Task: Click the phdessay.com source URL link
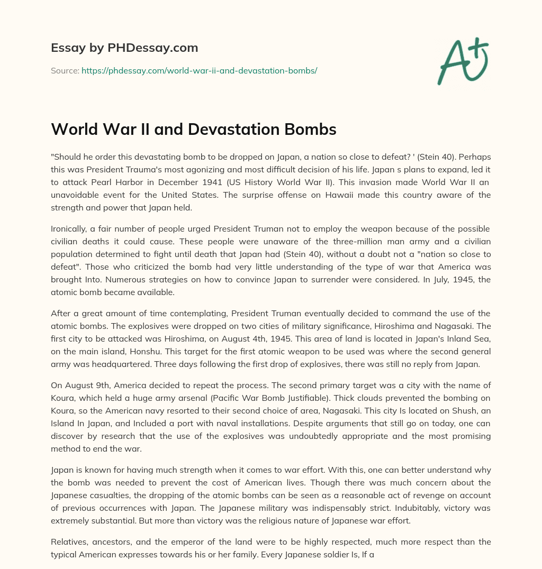coord(199,70)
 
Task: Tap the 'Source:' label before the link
coord(65,70)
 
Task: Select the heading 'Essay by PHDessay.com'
coord(124,48)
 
